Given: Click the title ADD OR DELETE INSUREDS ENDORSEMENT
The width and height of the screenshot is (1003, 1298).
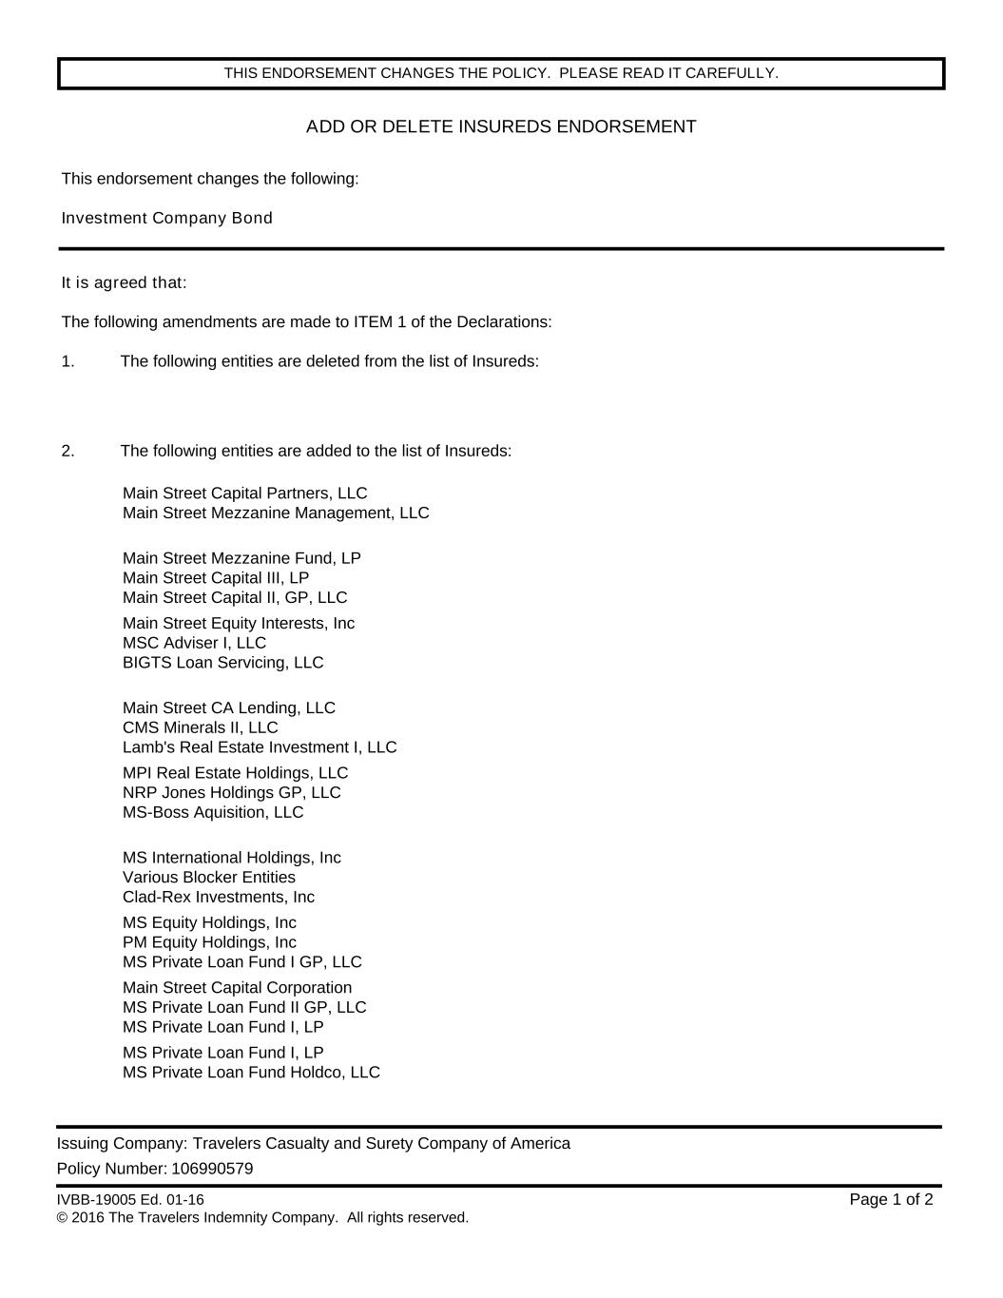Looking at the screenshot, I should (x=501, y=126).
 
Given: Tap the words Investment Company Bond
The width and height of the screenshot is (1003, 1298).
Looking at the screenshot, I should (x=167, y=218).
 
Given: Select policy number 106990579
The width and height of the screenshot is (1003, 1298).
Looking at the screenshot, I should (x=212, y=1169).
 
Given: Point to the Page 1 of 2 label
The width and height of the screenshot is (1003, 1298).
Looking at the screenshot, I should (x=891, y=1199).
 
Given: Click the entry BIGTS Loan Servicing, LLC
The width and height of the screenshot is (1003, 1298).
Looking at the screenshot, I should (x=222, y=663).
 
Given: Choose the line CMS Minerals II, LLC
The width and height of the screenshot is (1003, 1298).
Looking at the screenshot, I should (x=201, y=727).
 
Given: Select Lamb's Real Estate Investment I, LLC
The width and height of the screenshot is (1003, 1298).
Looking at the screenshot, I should (x=260, y=747).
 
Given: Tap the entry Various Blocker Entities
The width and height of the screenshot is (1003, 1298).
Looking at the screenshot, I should (x=209, y=877).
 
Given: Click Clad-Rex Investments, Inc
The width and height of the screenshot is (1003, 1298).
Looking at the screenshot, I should (x=219, y=897).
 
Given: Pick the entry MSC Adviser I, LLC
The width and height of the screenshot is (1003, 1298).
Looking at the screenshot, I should (x=194, y=643).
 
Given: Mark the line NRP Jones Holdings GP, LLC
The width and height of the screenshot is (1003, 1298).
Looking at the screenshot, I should (x=231, y=792).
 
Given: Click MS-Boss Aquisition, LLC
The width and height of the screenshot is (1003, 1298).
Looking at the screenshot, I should (x=213, y=812).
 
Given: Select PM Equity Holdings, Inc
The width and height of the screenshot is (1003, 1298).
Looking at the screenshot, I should (x=209, y=942).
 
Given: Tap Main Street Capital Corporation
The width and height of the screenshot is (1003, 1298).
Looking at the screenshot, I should (x=237, y=987).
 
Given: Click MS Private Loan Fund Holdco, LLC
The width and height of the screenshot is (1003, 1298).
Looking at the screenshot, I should (x=251, y=1073).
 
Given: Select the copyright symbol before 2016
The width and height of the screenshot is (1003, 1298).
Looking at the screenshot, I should (x=62, y=1218).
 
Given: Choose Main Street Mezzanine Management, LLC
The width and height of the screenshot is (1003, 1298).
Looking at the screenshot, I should (x=276, y=513).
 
